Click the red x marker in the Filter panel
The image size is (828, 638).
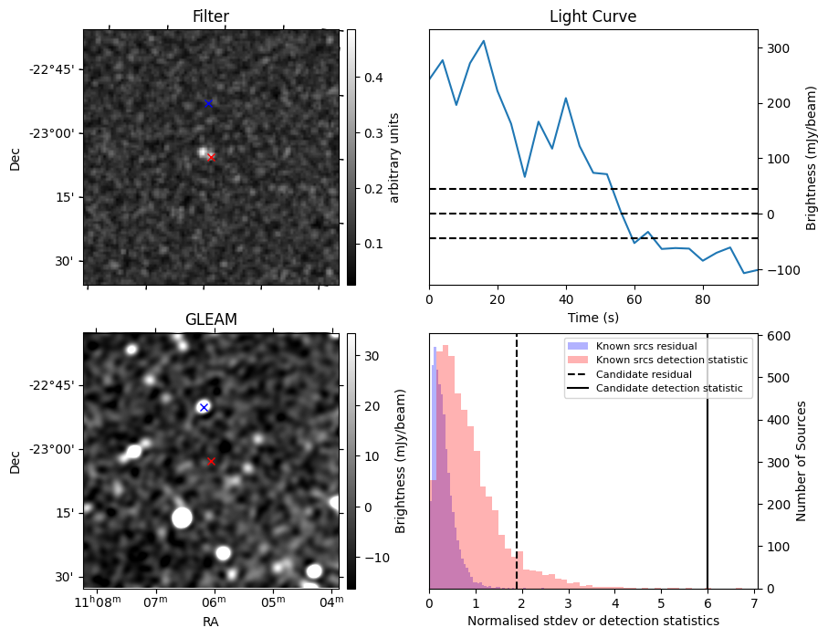click(211, 157)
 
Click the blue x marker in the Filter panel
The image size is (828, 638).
click(208, 103)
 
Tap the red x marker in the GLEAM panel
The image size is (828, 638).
click(211, 461)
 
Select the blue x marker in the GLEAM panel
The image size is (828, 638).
click(204, 407)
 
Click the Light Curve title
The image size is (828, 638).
click(592, 16)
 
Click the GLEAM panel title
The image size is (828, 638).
click(211, 319)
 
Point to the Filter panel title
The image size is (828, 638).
click(211, 16)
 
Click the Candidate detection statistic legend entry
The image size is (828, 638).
click(668, 389)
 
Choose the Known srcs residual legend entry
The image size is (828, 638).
click(646, 346)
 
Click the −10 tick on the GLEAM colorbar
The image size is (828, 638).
click(373, 557)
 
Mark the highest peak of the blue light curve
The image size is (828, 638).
click(483, 41)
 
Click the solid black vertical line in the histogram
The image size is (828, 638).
click(707, 475)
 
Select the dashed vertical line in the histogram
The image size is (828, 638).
click(517, 475)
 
